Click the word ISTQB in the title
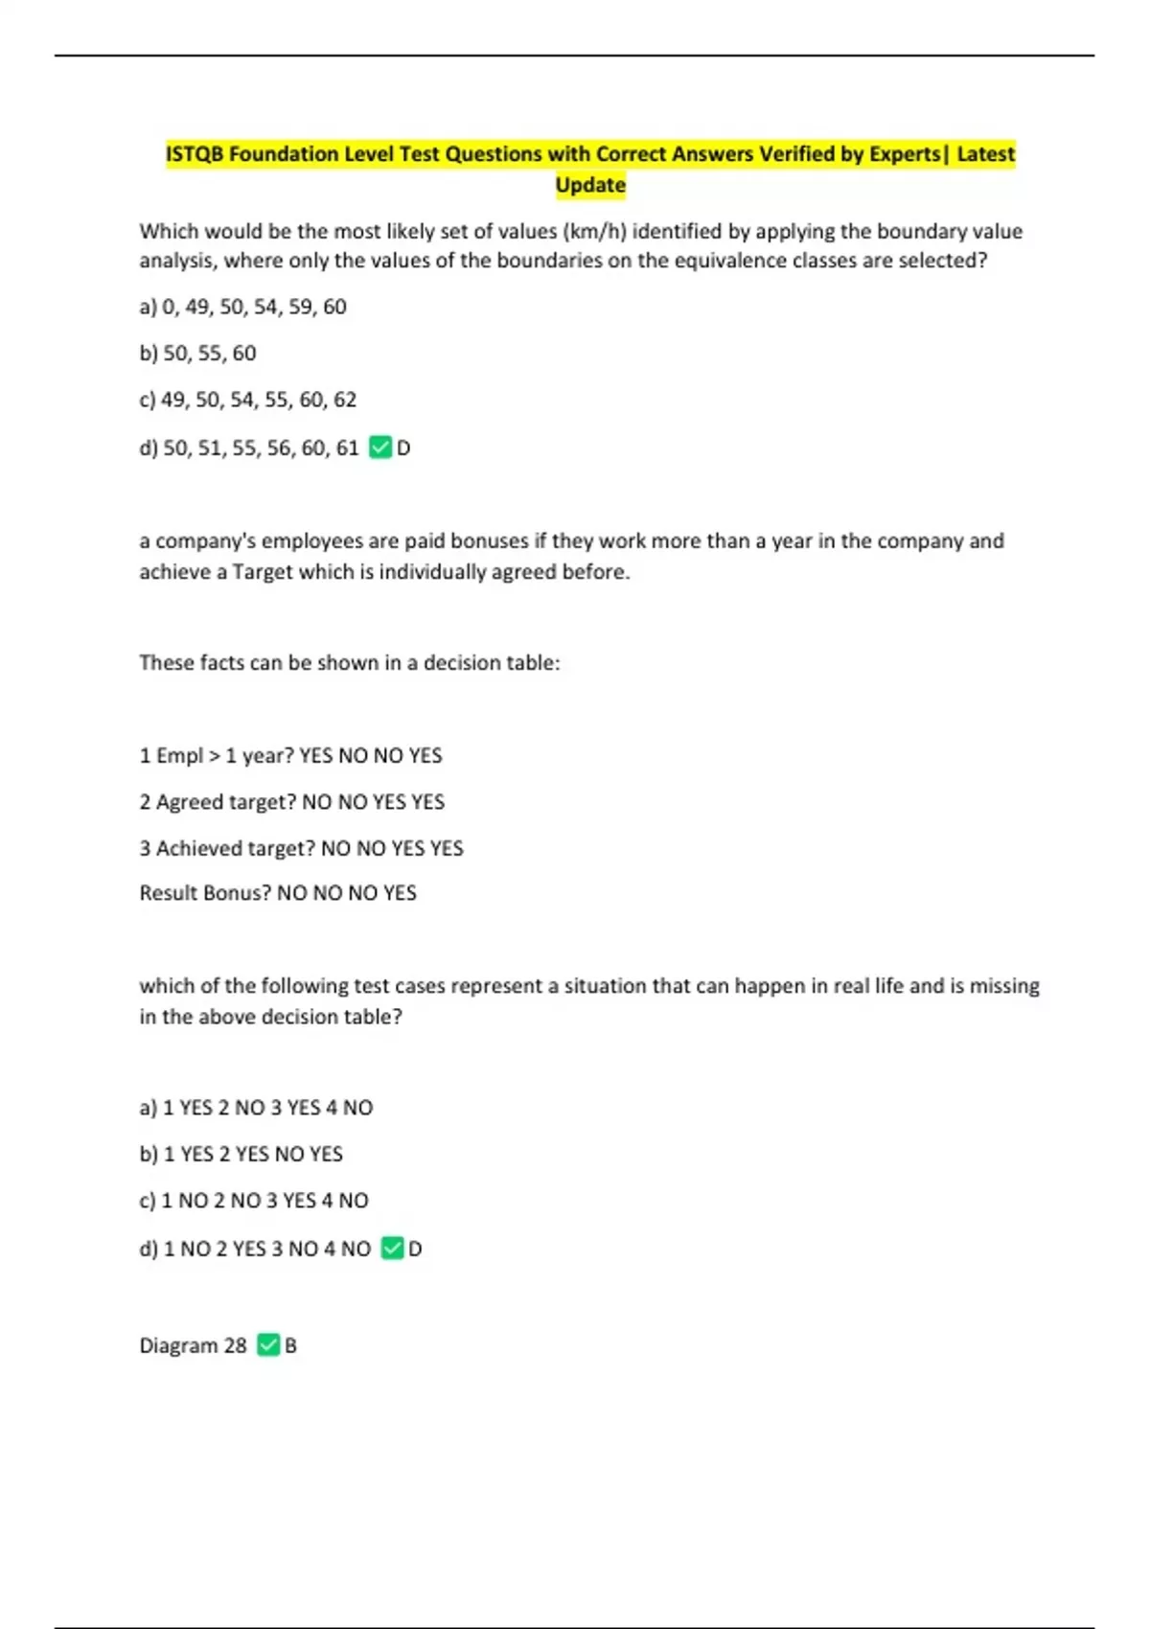tap(195, 154)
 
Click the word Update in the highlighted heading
tap(590, 185)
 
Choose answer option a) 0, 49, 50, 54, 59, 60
tap(242, 307)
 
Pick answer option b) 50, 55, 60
tap(197, 354)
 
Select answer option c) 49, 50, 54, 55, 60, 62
tap(247, 400)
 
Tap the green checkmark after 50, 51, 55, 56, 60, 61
tap(380, 447)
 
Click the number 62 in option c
tap(345, 400)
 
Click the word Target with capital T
tap(262, 572)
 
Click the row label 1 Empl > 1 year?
tap(217, 756)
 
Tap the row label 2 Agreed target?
tap(218, 802)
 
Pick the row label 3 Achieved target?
tap(227, 848)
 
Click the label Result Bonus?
tap(205, 893)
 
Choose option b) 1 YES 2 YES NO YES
tap(241, 1155)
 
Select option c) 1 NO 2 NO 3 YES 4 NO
tap(253, 1201)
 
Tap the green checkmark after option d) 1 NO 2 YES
tap(392, 1249)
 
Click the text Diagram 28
tap(193, 1345)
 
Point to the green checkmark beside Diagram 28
tap(268, 1345)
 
